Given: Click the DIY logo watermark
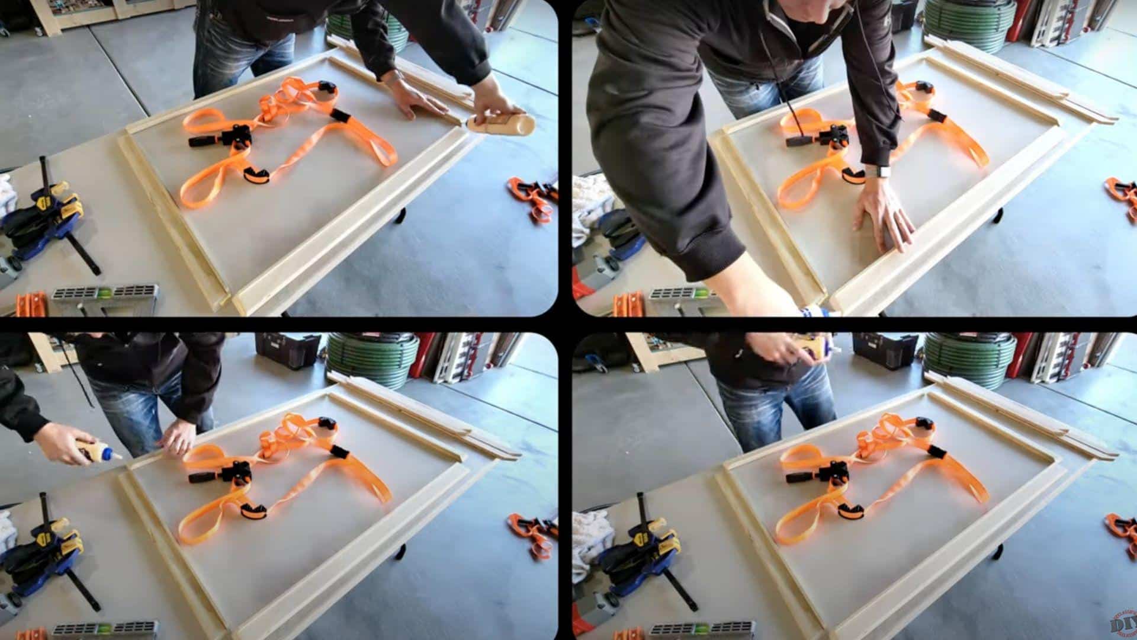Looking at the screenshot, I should (1123, 625).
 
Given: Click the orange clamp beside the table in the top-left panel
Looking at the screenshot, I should (533, 196).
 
